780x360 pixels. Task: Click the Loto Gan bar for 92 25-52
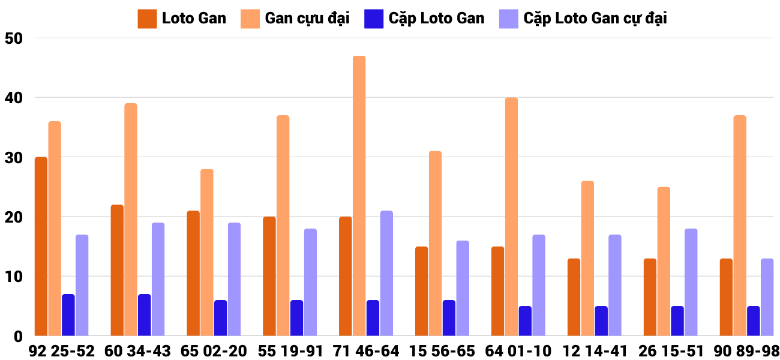click(x=41, y=247)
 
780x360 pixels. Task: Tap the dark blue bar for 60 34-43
click(x=144, y=315)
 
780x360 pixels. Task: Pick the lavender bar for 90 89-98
click(x=767, y=297)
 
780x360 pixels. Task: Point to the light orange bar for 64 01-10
click(x=511, y=217)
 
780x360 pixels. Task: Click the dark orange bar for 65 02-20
click(x=193, y=274)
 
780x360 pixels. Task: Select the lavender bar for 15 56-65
click(x=463, y=288)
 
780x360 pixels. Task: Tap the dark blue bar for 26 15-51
click(x=677, y=321)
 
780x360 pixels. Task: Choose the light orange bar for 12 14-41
click(x=587, y=259)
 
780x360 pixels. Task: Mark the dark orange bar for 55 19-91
click(x=269, y=276)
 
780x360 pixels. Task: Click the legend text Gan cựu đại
click(x=307, y=18)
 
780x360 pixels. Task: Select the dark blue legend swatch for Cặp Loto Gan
click(x=373, y=18)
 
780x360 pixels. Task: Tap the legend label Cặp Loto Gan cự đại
click(x=595, y=18)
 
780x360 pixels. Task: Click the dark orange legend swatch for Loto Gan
click(x=147, y=18)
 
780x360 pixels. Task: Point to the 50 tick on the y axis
click(x=13, y=38)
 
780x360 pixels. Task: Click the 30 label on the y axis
click(x=13, y=157)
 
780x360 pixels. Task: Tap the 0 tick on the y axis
click(x=18, y=337)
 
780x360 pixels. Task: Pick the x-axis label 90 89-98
click(x=746, y=351)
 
